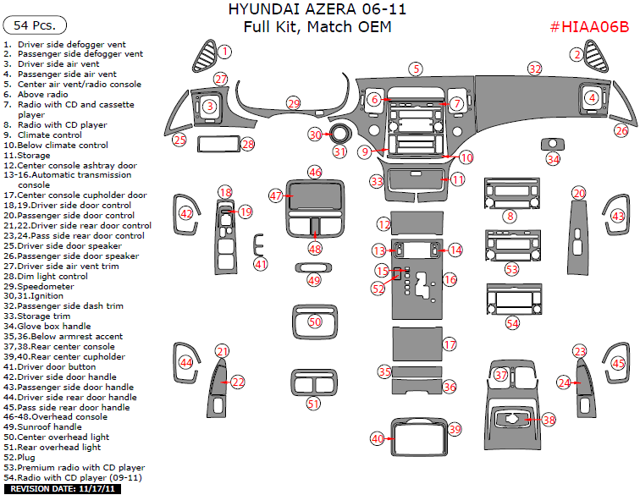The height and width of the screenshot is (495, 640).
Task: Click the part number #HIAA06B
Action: (x=589, y=26)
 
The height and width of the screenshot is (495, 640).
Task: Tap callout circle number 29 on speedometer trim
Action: (x=293, y=103)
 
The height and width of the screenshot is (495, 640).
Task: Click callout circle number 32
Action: (x=534, y=68)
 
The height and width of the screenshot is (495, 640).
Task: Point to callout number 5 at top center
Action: (x=415, y=68)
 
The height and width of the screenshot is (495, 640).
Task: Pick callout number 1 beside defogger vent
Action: (x=224, y=52)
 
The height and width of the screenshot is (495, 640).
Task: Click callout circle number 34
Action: (x=553, y=159)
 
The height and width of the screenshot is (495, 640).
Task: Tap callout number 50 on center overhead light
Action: (x=315, y=322)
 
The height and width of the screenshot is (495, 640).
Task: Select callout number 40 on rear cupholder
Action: (x=378, y=437)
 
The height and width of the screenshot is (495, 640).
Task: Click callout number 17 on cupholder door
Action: (x=450, y=344)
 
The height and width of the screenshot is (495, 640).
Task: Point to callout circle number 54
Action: (x=512, y=323)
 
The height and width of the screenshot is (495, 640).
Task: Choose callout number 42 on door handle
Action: (x=186, y=214)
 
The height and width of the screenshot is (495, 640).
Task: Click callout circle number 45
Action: (x=619, y=364)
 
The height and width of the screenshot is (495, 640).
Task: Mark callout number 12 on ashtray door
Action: (x=384, y=224)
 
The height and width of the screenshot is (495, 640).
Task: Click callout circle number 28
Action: (x=247, y=145)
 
